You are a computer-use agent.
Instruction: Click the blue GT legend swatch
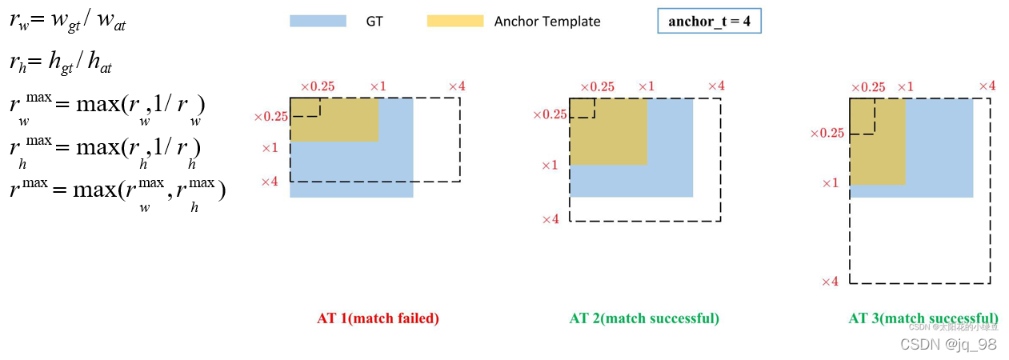click(x=318, y=21)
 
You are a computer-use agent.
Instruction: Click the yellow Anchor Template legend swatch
click(x=455, y=21)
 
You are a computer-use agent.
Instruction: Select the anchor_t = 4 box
click(x=709, y=22)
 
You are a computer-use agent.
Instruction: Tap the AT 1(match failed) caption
click(x=378, y=318)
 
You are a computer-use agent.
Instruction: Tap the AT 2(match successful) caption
click(x=644, y=318)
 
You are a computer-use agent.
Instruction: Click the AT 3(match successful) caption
click(x=923, y=318)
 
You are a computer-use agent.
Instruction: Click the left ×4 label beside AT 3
click(x=830, y=282)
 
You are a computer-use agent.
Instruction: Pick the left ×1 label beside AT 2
click(x=550, y=166)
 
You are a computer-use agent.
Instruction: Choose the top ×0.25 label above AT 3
click(x=867, y=87)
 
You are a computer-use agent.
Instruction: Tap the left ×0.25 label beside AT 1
click(x=270, y=117)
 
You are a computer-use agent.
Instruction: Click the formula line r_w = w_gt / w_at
click(x=68, y=22)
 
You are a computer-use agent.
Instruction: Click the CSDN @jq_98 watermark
click(x=948, y=344)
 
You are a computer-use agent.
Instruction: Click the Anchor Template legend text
click(x=547, y=22)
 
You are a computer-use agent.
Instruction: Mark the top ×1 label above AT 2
click(x=646, y=86)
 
